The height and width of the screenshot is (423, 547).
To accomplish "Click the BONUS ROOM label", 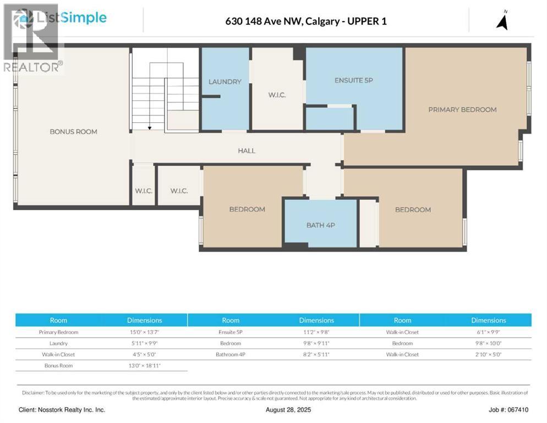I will pyautogui.click(x=73, y=132).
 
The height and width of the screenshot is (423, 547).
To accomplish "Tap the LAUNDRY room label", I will pyautogui.click(x=225, y=82).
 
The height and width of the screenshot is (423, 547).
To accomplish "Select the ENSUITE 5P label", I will pyautogui.click(x=353, y=80).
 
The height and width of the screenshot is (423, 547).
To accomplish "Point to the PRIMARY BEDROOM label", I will pyautogui.click(x=462, y=110).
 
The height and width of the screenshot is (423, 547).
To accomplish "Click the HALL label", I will pyautogui.click(x=246, y=150).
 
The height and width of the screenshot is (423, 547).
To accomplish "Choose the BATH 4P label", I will pyautogui.click(x=320, y=225).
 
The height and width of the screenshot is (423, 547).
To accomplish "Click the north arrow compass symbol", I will pyautogui.click(x=502, y=20).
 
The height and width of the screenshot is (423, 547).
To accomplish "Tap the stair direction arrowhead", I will pyautogui.click(x=149, y=128).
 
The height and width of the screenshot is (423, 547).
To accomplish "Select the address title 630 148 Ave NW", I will pyautogui.click(x=305, y=21).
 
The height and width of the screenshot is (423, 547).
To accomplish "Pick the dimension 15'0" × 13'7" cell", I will pyautogui.click(x=144, y=332).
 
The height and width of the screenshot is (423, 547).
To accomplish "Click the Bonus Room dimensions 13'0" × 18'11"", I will pyautogui.click(x=144, y=365).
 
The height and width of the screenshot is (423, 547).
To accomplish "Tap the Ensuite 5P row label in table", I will pyautogui.click(x=231, y=332).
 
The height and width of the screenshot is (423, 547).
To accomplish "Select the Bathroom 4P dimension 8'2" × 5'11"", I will pyautogui.click(x=316, y=354).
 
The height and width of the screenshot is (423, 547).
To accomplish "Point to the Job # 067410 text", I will pyautogui.click(x=508, y=410).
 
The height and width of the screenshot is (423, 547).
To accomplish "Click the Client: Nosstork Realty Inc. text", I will pyautogui.click(x=62, y=410).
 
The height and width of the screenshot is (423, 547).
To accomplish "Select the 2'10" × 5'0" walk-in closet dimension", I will pyautogui.click(x=488, y=354).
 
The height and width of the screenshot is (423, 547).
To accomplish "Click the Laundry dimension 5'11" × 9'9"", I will pyautogui.click(x=144, y=343).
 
